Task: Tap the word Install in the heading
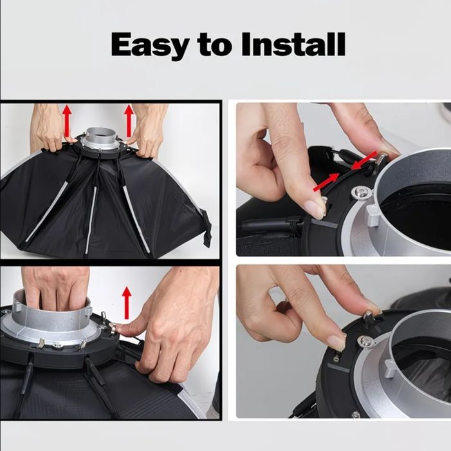293,44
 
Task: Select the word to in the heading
215,46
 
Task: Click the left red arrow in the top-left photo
67,121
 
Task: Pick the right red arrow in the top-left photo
129,120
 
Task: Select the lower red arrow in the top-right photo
326,182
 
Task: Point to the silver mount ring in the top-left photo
100,140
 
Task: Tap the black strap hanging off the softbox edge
207,227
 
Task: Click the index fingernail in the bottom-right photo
336,342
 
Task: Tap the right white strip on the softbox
136,219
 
